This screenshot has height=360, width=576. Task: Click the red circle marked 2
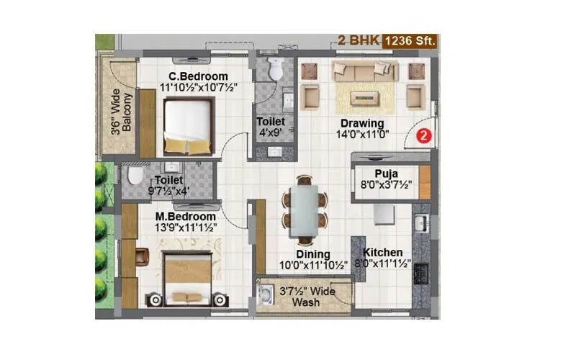424,135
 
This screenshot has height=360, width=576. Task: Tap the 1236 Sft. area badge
410,40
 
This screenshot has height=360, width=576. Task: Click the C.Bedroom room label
198,76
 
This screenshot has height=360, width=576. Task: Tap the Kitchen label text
382,253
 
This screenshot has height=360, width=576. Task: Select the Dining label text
312,254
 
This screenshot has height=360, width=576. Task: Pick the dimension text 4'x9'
271,133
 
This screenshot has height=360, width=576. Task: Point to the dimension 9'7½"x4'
167,191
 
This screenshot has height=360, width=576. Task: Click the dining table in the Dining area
303,210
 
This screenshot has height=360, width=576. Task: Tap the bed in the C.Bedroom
187,126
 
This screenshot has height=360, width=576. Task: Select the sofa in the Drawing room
365,71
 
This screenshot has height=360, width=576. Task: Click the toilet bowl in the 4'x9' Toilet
276,70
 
